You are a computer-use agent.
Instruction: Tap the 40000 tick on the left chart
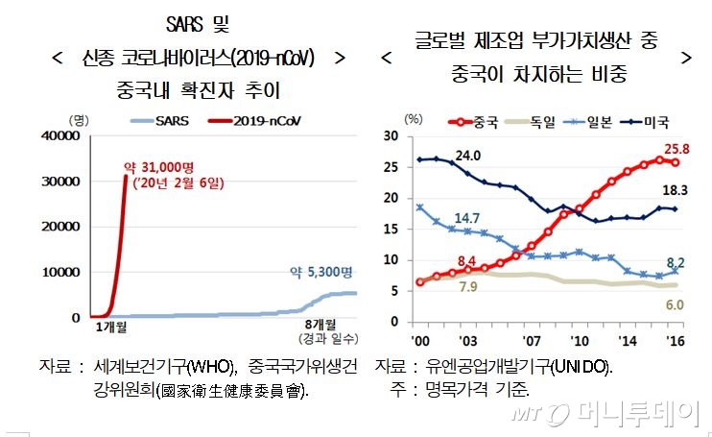pyautogui.click(x=60, y=136)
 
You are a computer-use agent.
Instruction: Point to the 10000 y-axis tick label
pyautogui.click(x=60, y=272)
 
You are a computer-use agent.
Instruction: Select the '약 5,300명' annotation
pyautogui.click(x=322, y=273)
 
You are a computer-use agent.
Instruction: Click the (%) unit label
pyautogui.click(x=413, y=119)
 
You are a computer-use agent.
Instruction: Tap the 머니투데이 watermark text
pyautogui.click(x=637, y=413)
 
